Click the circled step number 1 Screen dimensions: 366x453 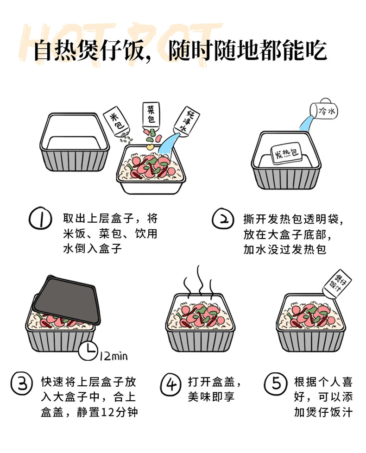pyautogui.click(x=40, y=219)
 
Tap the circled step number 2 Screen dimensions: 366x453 pyautogui.click(x=223, y=219)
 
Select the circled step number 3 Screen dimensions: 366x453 pyautogui.click(x=22, y=384)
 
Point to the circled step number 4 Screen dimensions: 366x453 pyautogui.click(x=171, y=384)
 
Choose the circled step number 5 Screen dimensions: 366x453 pyautogui.click(x=276, y=384)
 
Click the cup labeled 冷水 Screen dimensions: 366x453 pyautogui.click(x=324, y=109)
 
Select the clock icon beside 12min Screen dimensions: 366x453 pyautogui.click(x=88, y=351)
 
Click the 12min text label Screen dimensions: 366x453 pyautogui.click(x=114, y=356)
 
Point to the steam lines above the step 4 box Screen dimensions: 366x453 pyautogui.click(x=199, y=282)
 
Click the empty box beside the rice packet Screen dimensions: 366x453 pyautogui.click(x=75, y=142)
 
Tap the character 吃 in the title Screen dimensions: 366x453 pyautogui.click(x=316, y=50)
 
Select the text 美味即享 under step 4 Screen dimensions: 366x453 pyautogui.click(x=211, y=396)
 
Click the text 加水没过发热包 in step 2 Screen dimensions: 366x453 pyautogui.click(x=285, y=249)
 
